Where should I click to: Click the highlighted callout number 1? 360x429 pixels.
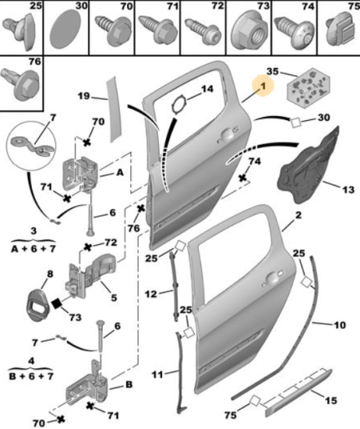pos(263,86)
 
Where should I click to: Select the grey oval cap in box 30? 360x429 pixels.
pos(65,30)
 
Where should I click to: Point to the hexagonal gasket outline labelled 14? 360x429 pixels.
pos(179,105)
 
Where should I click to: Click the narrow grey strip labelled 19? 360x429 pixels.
pos(115,110)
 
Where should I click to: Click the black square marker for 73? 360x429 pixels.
pos(57,303)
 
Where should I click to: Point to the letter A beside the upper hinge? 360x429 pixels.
pos(120,173)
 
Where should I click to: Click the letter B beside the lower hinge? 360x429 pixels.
pos(129,385)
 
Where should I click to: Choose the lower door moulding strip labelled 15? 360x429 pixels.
pos(298,392)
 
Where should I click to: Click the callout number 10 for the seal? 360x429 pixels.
pos(340,324)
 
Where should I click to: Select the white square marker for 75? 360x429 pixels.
pos(255,401)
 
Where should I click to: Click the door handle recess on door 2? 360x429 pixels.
pos(271,278)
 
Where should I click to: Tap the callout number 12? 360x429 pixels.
pos(151,294)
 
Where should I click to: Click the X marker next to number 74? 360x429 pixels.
pos(243,179)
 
